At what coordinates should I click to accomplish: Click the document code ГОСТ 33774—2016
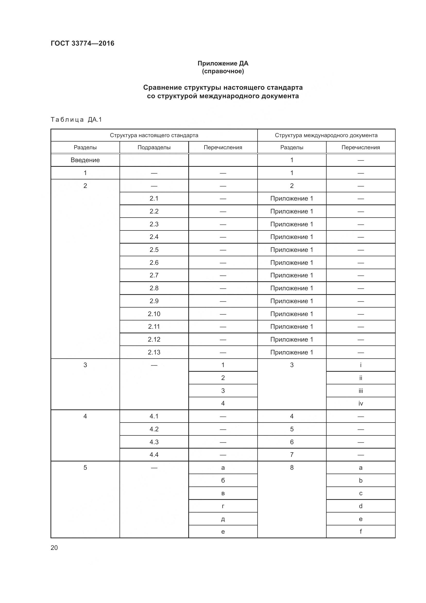pyautogui.click(x=82, y=43)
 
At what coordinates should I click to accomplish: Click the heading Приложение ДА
pyautogui.click(x=223, y=63)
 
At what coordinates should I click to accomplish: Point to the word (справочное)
pyautogui.click(x=223, y=71)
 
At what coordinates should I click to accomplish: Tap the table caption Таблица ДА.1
pyautogui.click(x=76, y=120)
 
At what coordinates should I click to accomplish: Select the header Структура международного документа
pyautogui.click(x=326, y=135)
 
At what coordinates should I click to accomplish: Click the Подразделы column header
pyautogui.click(x=154, y=147)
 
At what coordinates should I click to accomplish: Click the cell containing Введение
pyautogui.click(x=85, y=160)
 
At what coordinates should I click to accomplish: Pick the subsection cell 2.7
pyautogui.click(x=154, y=275)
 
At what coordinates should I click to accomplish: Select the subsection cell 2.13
pyautogui.click(x=154, y=352)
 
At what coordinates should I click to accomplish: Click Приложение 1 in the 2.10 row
pyautogui.click(x=292, y=314)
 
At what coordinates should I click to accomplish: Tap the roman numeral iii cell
pyautogui.click(x=361, y=391)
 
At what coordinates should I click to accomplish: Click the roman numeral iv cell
pyautogui.click(x=361, y=403)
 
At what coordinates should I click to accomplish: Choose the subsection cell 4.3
pyautogui.click(x=154, y=442)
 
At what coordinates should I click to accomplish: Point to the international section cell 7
pyautogui.click(x=292, y=455)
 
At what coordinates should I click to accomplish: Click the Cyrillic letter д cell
pyautogui.click(x=223, y=519)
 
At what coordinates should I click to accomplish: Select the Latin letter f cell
pyautogui.click(x=361, y=532)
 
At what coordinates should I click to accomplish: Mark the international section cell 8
pyautogui.click(x=292, y=467)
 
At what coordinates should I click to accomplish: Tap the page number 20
pyautogui.click(x=54, y=548)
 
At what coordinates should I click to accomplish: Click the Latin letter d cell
pyautogui.click(x=361, y=506)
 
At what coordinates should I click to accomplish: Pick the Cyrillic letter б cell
pyautogui.click(x=223, y=480)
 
